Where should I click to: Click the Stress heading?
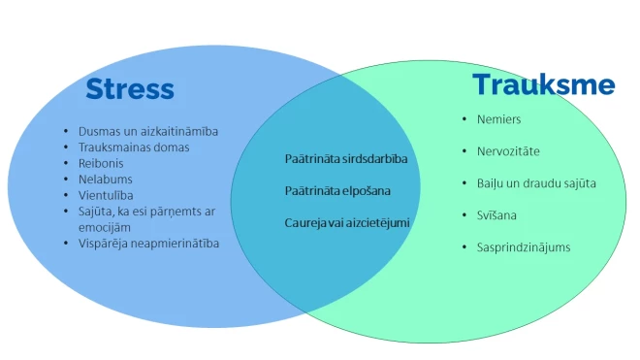coord(130,89)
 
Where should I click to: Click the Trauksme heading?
coord(543,85)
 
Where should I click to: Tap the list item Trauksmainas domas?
coord(134,147)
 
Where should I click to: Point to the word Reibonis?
coord(102,163)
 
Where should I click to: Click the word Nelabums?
coord(106,180)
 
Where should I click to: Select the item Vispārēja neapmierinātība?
coord(148,243)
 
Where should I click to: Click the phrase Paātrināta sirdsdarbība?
coord(346,158)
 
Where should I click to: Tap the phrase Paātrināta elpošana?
coord(337,190)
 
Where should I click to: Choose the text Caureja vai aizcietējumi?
coord(347,222)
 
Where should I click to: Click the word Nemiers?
coord(498,119)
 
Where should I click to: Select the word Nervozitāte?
coord(508,151)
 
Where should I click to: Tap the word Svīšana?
coord(498,214)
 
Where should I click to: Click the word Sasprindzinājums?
coord(524,246)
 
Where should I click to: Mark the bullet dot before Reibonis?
coord(65,163)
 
